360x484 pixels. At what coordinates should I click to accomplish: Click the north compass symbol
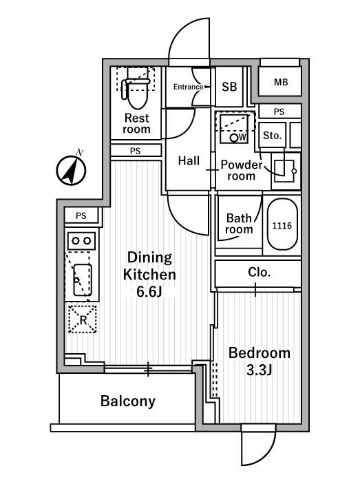click(71, 169)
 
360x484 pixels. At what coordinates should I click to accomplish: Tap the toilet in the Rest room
click(136, 92)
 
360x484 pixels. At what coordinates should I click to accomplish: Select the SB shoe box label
click(229, 87)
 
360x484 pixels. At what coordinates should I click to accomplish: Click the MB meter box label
click(281, 82)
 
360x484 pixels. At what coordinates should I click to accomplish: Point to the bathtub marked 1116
click(282, 224)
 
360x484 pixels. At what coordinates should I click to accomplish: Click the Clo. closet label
click(259, 272)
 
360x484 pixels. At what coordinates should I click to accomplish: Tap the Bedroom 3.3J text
click(260, 361)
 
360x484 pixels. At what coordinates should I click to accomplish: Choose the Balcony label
click(128, 401)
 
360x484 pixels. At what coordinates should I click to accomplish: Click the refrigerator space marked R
click(83, 319)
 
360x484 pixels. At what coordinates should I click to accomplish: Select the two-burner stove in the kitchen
click(81, 240)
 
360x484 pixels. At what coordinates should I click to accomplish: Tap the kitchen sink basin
click(83, 280)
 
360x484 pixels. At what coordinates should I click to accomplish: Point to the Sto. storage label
click(273, 135)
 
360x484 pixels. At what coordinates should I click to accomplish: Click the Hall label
click(189, 160)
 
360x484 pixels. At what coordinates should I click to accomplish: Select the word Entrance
click(188, 87)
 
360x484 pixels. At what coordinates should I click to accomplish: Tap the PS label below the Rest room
click(135, 151)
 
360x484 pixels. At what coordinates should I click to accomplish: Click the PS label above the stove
click(81, 215)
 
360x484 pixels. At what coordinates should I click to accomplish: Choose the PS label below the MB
click(279, 112)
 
